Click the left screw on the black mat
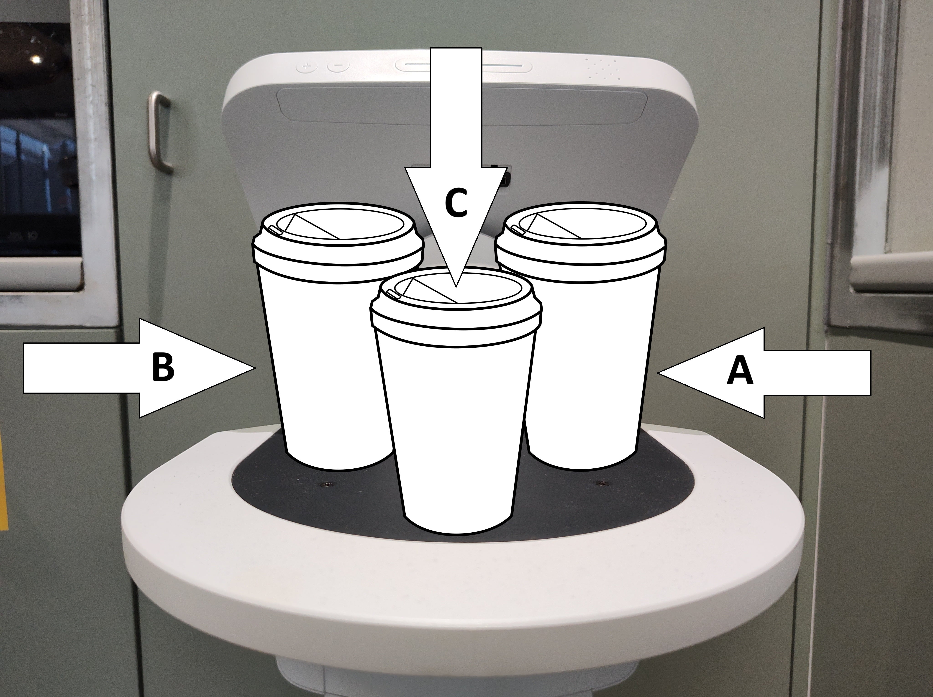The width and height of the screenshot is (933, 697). [x=326, y=484]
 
